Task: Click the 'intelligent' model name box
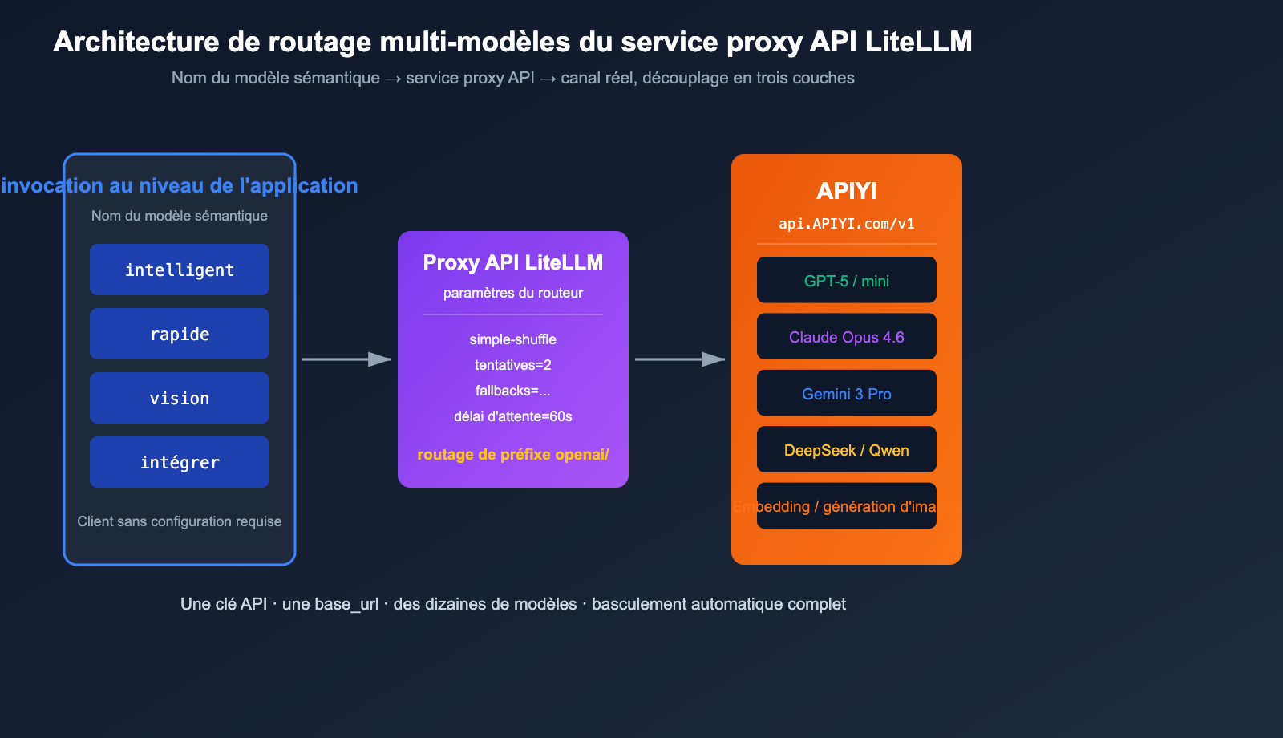pyautogui.click(x=180, y=270)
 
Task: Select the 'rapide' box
pyautogui.click(x=180, y=334)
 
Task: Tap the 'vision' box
pyautogui.click(x=180, y=398)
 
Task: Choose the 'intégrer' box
pyautogui.click(x=180, y=462)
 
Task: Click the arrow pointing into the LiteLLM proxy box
pyautogui.click(x=346, y=359)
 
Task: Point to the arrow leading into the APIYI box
pyautogui.click(x=680, y=359)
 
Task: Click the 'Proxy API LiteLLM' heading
pyautogui.click(x=513, y=262)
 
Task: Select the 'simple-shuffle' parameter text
pyautogui.click(x=513, y=339)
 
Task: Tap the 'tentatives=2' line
pyautogui.click(x=513, y=365)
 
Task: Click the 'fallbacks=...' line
pyautogui.click(x=513, y=391)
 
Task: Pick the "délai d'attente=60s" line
pyautogui.click(x=513, y=416)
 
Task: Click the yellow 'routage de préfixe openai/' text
pyautogui.click(x=513, y=454)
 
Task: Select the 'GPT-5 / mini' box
pyautogui.click(x=847, y=280)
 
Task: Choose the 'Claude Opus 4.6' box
pyautogui.click(x=847, y=336)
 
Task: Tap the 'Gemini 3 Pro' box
pyautogui.click(x=847, y=393)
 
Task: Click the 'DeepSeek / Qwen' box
pyautogui.click(x=847, y=449)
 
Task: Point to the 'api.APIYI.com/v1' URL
pyautogui.click(x=847, y=224)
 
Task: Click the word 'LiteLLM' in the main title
pyautogui.click(x=919, y=42)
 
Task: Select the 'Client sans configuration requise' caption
pyautogui.click(x=180, y=521)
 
